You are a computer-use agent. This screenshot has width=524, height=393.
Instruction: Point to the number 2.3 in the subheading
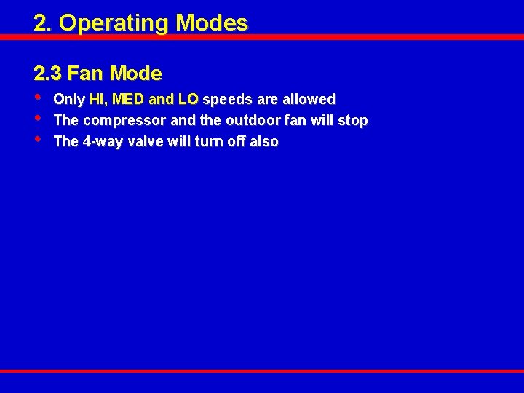pos(47,74)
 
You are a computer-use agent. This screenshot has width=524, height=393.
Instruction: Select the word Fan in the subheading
pos(83,74)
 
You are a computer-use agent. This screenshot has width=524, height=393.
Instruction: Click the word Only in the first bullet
pos(69,99)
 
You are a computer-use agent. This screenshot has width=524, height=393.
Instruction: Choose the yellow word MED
pos(128,99)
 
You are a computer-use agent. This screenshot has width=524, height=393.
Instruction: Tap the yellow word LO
pos(187,99)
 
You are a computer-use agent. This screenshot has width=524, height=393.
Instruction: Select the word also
pos(263,141)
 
